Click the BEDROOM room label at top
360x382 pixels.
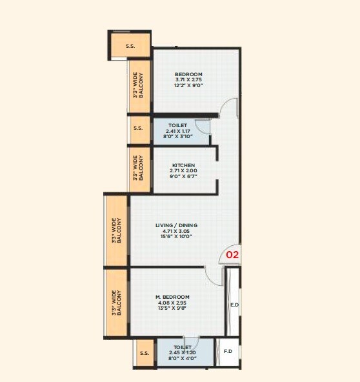(188, 74)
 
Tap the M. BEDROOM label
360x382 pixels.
(172, 297)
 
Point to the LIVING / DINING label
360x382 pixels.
(176, 225)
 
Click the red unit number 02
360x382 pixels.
(232, 255)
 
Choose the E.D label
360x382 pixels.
(234, 304)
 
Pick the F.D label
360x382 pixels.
(228, 352)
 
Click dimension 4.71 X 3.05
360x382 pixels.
(176, 231)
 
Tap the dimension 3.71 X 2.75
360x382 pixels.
(188, 80)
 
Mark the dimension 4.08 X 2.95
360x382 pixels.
(172, 303)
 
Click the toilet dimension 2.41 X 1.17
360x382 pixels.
(177, 131)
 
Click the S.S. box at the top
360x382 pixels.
(130, 45)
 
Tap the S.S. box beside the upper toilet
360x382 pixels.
(138, 128)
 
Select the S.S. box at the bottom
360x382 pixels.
(145, 352)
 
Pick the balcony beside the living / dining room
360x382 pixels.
(116, 230)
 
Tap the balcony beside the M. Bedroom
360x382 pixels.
(116, 302)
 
